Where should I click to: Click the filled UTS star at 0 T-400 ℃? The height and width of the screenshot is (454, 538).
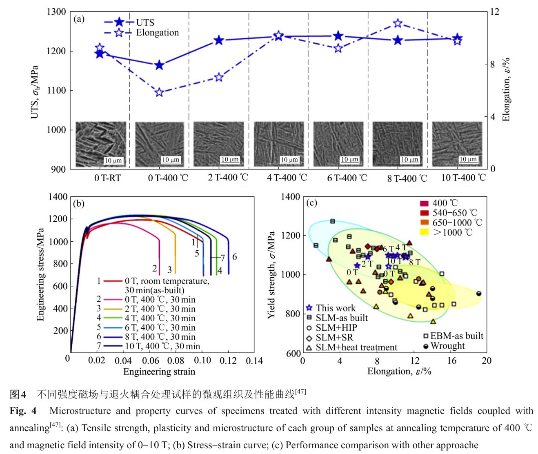(x=159, y=65)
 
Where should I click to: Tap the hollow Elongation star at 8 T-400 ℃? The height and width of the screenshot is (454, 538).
(x=398, y=23)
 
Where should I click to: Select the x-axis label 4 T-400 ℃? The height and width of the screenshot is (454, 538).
(x=287, y=178)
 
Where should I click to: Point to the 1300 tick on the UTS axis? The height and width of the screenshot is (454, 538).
(x=56, y=12)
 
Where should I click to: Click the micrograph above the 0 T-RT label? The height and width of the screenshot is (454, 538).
(x=101, y=144)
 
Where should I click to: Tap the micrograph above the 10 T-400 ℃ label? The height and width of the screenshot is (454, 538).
(x=457, y=144)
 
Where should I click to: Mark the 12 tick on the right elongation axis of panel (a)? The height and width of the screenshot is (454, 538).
(x=494, y=12)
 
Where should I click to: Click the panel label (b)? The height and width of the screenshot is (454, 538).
(x=78, y=203)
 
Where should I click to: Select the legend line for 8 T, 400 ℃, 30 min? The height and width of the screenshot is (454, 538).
(x=113, y=337)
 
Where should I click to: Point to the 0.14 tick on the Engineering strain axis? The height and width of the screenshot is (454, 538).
(x=254, y=361)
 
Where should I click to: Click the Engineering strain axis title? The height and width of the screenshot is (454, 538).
(x=159, y=372)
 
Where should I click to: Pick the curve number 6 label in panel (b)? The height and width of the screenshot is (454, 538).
(x=235, y=257)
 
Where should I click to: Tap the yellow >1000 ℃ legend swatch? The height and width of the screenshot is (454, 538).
(x=425, y=232)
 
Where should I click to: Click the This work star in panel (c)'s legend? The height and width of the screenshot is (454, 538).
(x=309, y=308)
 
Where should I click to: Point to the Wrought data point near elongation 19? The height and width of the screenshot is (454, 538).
(x=479, y=294)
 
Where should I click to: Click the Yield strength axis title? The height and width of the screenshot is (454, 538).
(x=271, y=275)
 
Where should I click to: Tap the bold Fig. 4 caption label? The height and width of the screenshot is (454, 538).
(x=23, y=411)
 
